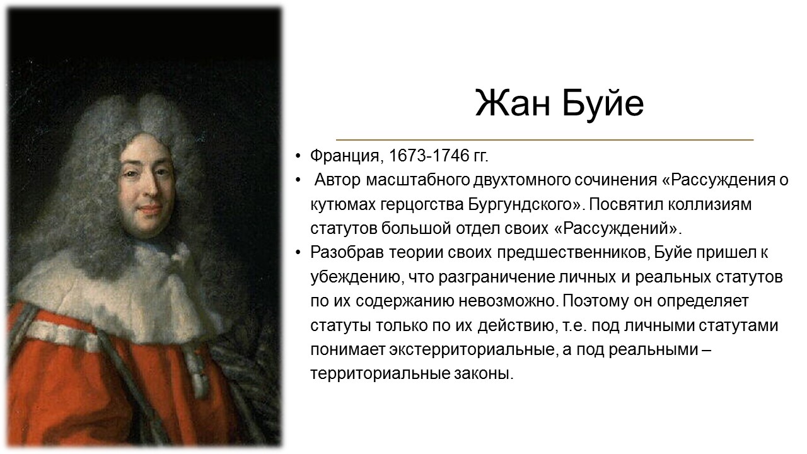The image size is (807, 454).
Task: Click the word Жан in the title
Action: tap(513, 103)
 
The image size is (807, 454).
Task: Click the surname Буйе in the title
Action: tap(603, 105)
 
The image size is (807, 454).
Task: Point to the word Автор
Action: tap(337, 180)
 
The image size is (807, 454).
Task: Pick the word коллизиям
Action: tap(709, 204)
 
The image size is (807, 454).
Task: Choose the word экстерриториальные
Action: tap(472, 349)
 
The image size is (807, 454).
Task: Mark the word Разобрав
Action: tap(347, 253)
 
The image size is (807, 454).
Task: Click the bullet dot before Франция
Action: tap(298, 156)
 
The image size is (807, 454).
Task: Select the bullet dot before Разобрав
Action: tap(298, 253)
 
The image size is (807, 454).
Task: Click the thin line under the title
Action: tap(545, 139)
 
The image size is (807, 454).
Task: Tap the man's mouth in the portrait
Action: tap(151, 209)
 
